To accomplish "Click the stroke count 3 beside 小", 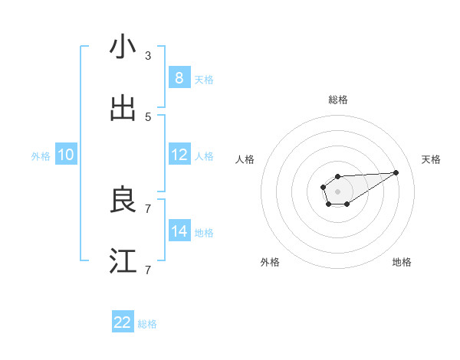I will (x=148, y=56).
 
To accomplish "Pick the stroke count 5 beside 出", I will (x=148, y=117).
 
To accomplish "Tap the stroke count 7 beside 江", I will (x=148, y=270).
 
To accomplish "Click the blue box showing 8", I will (x=179, y=78).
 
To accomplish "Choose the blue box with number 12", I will (x=179, y=155).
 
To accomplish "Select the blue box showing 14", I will (x=179, y=231).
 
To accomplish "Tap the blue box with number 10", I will (x=66, y=155).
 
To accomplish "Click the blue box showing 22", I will (x=123, y=322).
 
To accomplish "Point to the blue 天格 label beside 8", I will (x=204, y=80).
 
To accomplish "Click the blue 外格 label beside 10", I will (x=41, y=156).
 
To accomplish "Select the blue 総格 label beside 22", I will (x=147, y=324).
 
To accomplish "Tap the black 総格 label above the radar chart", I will (x=338, y=100).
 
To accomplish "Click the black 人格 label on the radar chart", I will (x=245, y=159).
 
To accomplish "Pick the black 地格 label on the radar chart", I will (x=402, y=262).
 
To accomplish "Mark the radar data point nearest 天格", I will (x=396, y=172).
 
